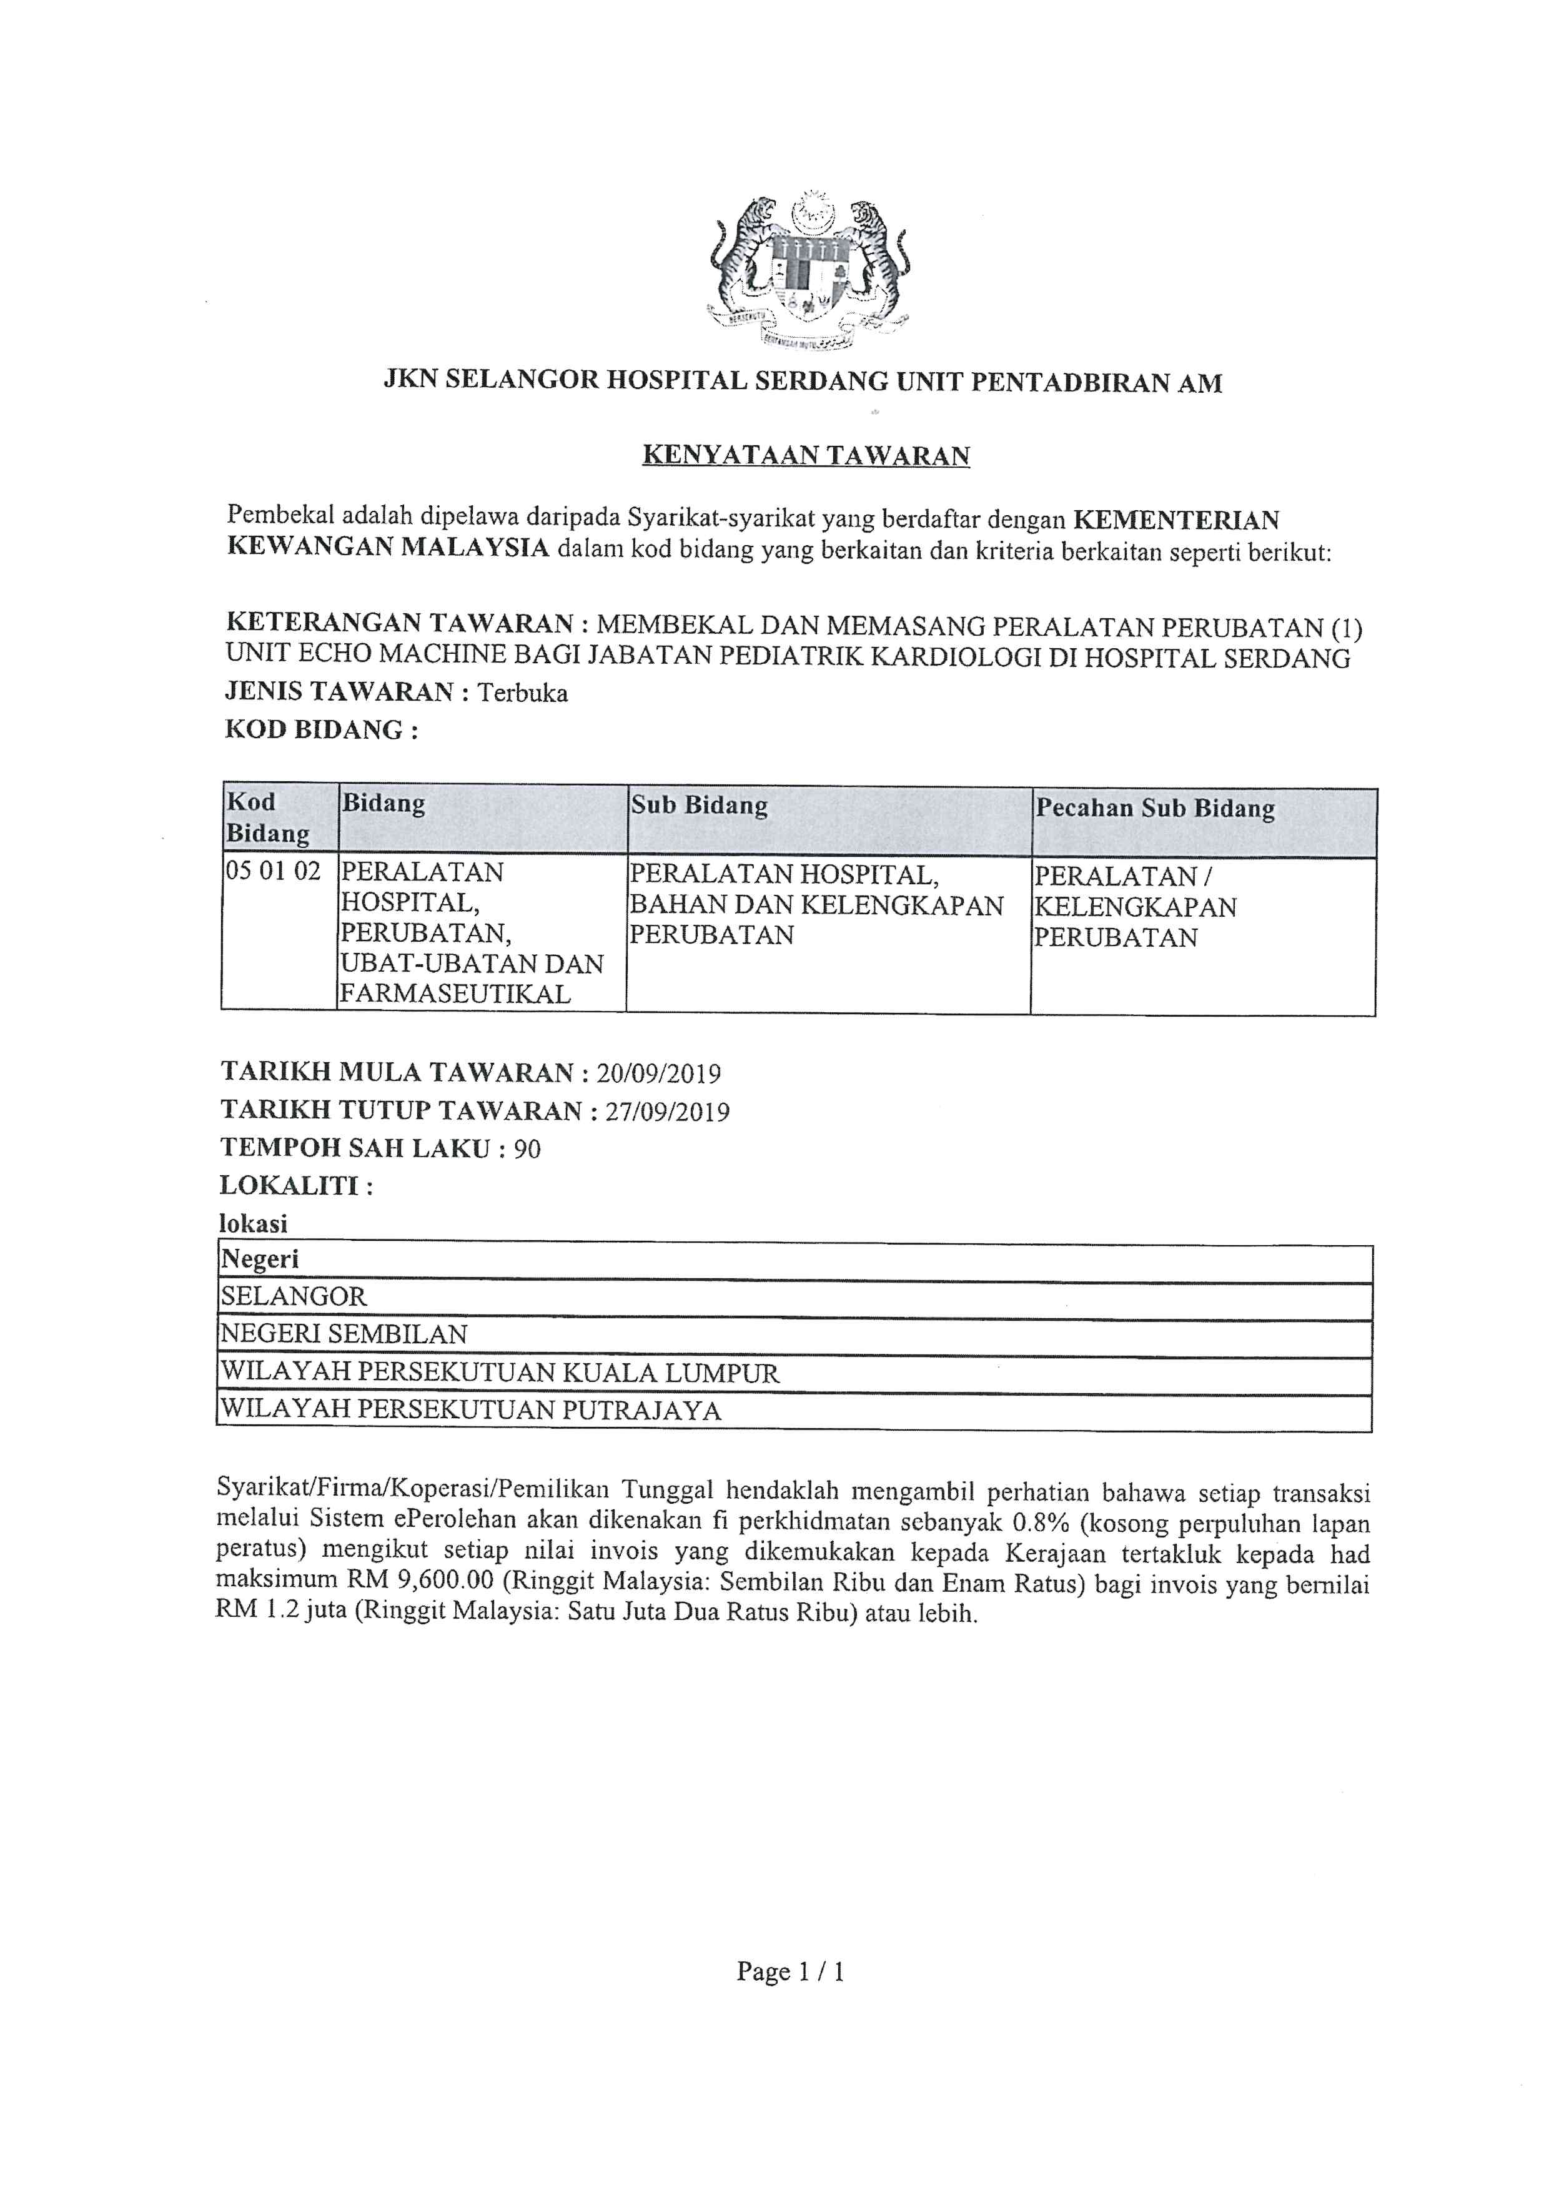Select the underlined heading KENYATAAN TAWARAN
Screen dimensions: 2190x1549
[806, 455]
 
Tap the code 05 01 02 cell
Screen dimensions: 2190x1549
[273, 871]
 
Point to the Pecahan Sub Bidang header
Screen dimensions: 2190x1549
[1155, 809]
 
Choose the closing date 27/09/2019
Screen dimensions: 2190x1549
[666, 1111]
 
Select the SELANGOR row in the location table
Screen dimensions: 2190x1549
[294, 1296]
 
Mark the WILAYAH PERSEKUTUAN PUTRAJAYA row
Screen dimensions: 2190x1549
[471, 1410]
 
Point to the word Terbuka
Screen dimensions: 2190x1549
[523, 693]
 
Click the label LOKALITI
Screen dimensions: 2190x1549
[295, 1186]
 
